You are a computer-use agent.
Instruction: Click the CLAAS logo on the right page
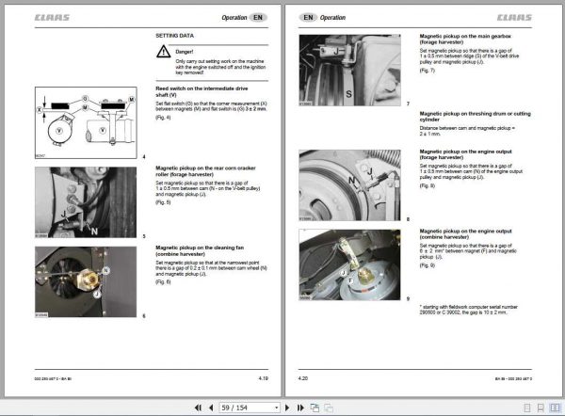tap(514, 18)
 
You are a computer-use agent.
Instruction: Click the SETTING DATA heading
tap(174, 36)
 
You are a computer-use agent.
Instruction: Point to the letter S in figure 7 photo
tap(347, 95)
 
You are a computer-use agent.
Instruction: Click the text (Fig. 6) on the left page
tap(163, 283)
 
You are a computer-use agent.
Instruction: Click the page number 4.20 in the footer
tap(306, 378)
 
